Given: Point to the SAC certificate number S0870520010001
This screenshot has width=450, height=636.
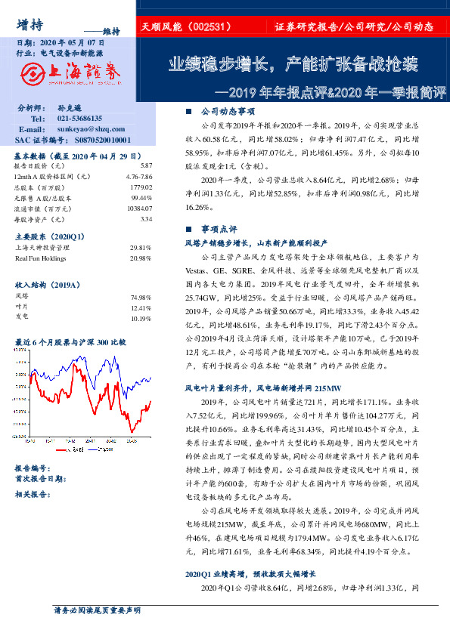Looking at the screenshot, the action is [93, 140].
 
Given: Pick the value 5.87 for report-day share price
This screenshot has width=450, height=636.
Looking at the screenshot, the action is [146, 165].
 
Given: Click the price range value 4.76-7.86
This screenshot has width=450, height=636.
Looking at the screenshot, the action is [139, 176].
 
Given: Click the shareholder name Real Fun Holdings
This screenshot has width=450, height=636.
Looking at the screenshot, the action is [41, 258].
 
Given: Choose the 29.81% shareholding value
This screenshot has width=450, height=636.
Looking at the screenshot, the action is [141, 248].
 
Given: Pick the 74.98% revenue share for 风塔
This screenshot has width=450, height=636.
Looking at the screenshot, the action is [141, 298].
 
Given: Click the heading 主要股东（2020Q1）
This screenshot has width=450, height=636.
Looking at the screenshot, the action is [45, 236].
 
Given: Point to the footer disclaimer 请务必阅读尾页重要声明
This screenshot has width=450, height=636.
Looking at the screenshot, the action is [97, 610].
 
